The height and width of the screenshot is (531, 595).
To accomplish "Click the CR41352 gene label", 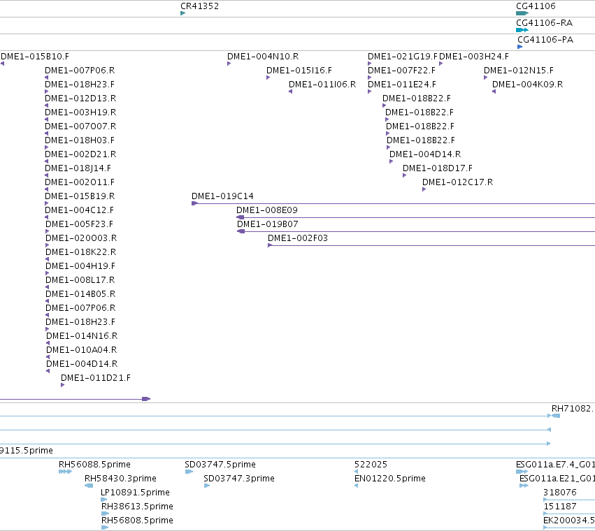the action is [x=199, y=6].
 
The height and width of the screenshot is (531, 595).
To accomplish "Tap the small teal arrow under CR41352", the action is [x=183, y=13].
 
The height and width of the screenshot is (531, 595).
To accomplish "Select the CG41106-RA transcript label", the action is [x=544, y=23].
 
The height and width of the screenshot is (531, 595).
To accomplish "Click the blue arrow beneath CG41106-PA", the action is [x=520, y=47].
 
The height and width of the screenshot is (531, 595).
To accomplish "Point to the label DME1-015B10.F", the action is [x=35, y=57].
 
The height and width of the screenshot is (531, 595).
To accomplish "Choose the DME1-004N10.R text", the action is [x=263, y=57].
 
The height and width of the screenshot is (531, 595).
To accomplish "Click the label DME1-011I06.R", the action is [x=322, y=85].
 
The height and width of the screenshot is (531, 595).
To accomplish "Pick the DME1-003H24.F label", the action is [x=474, y=57].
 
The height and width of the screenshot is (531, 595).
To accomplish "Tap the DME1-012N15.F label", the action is [x=518, y=71].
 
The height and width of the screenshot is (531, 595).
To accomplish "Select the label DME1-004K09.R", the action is [x=527, y=85].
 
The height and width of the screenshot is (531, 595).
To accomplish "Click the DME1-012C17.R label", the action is [x=458, y=182].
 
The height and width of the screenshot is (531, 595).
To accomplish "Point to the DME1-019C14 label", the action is [x=222, y=196].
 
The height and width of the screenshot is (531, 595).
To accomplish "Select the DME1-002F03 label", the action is [x=298, y=238].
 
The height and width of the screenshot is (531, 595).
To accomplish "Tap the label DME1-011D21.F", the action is [x=96, y=378].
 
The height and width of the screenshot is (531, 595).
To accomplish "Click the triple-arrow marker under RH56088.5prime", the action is [x=65, y=472].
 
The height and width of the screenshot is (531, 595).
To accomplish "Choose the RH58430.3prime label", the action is [x=120, y=479].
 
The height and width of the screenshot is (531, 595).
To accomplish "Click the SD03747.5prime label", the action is [x=220, y=464].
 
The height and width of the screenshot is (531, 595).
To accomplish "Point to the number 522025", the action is [x=371, y=464].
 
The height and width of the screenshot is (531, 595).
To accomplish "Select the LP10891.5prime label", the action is [x=135, y=493].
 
